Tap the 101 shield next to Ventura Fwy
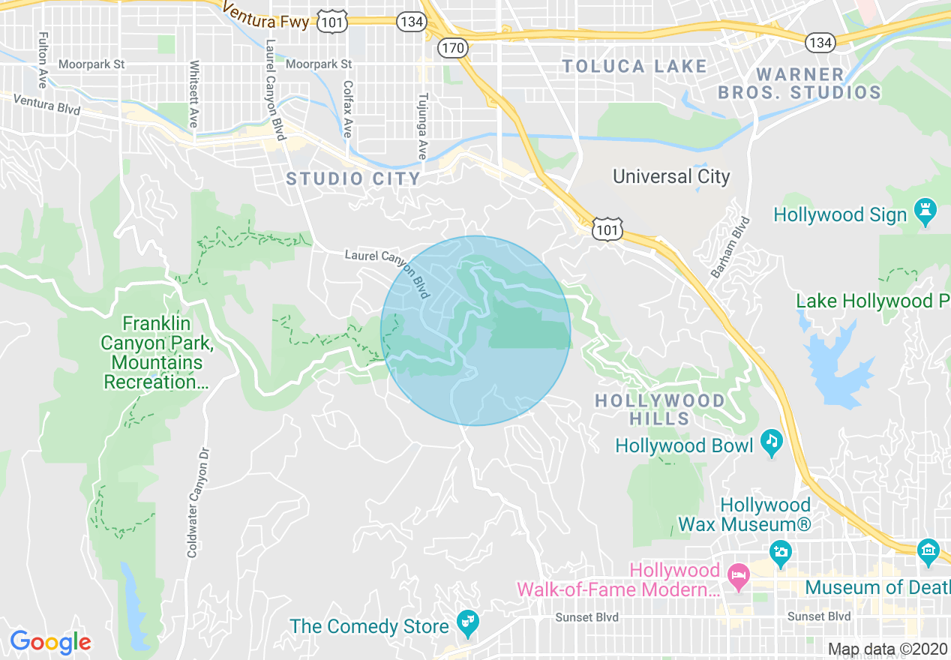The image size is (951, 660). (331, 22)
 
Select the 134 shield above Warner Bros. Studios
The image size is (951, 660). (820, 43)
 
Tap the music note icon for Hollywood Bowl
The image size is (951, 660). (771, 443)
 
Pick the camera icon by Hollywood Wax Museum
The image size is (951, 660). (781, 553)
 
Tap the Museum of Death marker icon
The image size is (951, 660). (928, 553)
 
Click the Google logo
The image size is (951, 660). (50, 642)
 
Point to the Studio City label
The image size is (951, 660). (353, 178)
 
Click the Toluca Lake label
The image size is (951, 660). (634, 66)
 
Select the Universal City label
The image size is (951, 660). (671, 176)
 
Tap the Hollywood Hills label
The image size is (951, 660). (660, 409)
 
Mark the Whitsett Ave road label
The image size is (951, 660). (193, 94)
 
